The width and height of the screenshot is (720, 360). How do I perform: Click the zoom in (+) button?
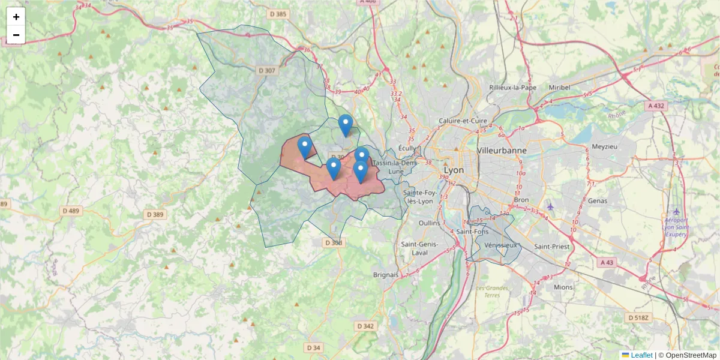click(x=16, y=17)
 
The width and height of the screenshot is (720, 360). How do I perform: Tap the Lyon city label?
click(x=454, y=170)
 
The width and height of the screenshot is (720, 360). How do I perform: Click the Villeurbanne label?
click(x=502, y=150)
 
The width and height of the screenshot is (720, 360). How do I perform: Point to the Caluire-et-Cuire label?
click(x=463, y=121)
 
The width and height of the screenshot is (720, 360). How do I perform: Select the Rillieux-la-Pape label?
click(x=512, y=87)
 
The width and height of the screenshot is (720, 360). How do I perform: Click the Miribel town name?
click(x=559, y=87)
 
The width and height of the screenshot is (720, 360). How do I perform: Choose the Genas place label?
click(x=598, y=201)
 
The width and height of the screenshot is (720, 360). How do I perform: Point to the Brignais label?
click(x=386, y=274)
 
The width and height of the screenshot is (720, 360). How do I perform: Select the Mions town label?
click(x=563, y=287)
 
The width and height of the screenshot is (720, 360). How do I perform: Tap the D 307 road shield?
click(x=267, y=71)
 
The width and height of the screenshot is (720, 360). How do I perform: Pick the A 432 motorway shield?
click(x=656, y=106)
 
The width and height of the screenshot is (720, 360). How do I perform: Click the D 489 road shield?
click(x=71, y=211)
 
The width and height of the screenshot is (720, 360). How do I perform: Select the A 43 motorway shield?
click(x=607, y=262)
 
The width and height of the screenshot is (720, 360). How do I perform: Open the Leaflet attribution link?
click(x=641, y=355)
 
